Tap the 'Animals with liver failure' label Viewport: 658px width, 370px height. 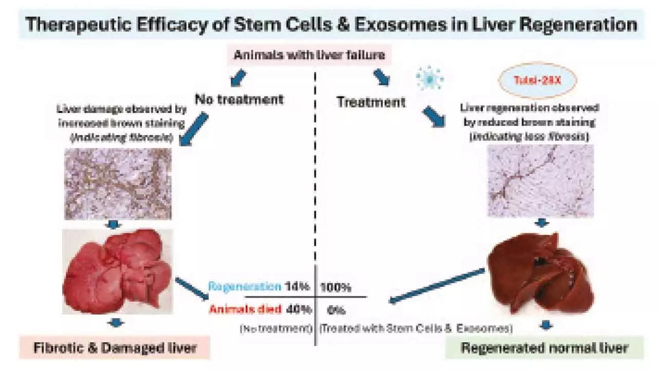pos(309,55)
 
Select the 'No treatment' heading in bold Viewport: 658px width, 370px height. pos(239,99)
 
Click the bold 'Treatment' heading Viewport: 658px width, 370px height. pos(371,102)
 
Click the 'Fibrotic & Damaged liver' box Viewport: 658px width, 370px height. pos(115,348)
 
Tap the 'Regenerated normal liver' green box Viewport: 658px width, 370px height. pos(544,348)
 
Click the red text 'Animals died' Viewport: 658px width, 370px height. pos(246,309)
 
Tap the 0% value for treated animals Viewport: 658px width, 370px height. pos(336,310)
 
